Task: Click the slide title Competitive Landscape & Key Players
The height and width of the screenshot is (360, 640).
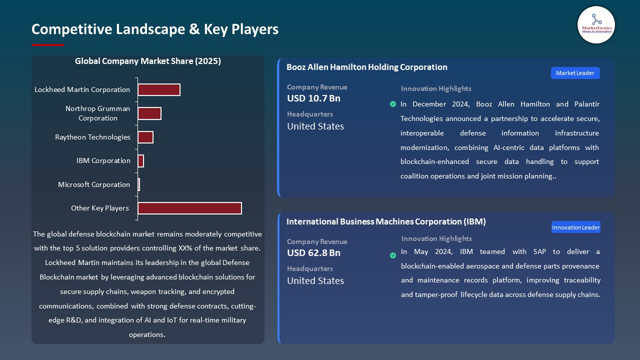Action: (x=155, y=29)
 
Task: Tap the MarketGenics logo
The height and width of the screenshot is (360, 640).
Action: (x=596, y=24)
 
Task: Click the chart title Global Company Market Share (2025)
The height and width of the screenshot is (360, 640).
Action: (x=147, y=61)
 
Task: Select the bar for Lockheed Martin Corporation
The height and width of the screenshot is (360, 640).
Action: (x=159, y=89)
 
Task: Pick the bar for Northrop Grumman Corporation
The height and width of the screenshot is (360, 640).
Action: (x=149, y=113)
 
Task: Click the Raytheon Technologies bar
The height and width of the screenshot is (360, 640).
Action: (x=145, y=137)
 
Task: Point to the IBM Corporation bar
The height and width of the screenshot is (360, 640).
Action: (x=141, y=161)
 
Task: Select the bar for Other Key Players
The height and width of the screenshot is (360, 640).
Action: (x=189, y=208)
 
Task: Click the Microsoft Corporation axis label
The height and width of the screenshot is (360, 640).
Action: (x=94, y=184)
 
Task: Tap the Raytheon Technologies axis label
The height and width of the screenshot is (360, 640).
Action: (x=92, y=137)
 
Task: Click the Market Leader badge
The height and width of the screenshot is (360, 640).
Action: (x=575, y=73)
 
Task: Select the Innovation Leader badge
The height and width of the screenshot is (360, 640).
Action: (x=575, y=227)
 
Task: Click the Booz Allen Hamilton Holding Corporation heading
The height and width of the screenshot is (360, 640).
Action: (x=366, y=67)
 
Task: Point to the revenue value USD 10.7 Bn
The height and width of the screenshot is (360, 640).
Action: (x=313, y=98)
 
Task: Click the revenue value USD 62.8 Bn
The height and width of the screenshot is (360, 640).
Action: (x=313, y=253)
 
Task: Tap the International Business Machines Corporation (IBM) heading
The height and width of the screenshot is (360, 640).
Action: (x=386, y=221)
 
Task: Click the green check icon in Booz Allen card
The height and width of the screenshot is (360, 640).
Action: (x=393, y=104)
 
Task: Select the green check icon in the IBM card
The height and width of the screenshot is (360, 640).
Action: (x=393, y=255)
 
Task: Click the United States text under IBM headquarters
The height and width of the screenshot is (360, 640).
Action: (x=315, y=280)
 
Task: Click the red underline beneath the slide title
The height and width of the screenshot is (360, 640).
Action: (x=48, y=45)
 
